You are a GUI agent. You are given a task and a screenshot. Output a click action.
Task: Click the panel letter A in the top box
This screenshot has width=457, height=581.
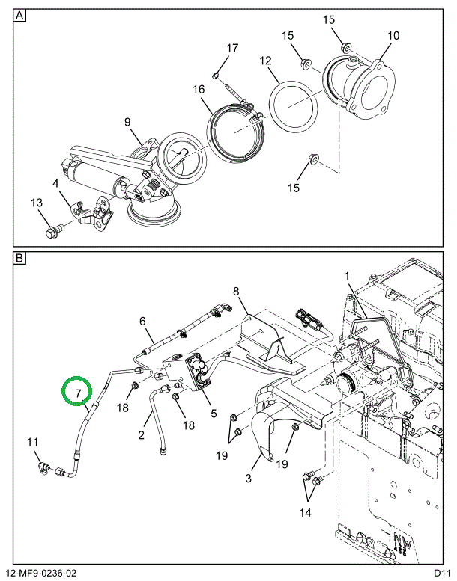[20, 16]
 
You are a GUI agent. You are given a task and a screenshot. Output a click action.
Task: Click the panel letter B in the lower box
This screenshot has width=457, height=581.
[20, 259]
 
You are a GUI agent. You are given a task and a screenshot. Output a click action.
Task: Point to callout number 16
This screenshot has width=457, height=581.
[198, 90]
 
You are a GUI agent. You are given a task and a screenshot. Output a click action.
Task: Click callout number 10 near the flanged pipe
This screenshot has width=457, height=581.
[393, 35]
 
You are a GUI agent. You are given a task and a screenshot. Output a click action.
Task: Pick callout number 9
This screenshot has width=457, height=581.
[127, 122]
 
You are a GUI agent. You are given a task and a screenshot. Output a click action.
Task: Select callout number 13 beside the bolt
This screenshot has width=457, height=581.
[37, 203]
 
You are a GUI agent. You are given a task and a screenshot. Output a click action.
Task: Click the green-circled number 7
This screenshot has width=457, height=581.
[77, 392]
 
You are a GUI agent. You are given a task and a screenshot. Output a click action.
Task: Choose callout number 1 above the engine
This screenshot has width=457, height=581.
[347, 277]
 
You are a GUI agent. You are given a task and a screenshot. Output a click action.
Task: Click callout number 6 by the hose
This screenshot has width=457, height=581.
[141, 321]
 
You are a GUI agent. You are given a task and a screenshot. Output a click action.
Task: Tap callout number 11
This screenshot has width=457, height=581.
[32, 442]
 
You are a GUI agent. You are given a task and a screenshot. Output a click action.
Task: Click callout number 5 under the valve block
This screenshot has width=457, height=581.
[214, 411]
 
